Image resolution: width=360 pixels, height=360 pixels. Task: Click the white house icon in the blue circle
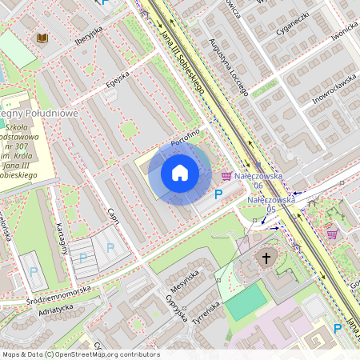[x=180, y=173]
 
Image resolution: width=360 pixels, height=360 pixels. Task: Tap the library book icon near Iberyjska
[x=42, y=38]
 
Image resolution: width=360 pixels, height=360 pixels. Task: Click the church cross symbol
[x=266, y=258]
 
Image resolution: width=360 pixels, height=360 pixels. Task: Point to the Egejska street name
[x=118, y=82]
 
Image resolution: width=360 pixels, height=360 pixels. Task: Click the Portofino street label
[x=184, y=138]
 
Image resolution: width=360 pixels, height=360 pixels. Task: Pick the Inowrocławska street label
[x=334, y=89]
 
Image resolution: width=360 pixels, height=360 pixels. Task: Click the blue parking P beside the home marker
[x=218, y=194]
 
